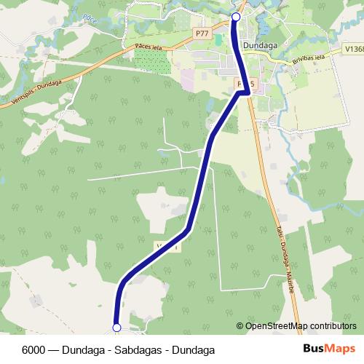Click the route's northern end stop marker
coord(235,16)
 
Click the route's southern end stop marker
coord(116,328)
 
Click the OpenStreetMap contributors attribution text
coord(301,325)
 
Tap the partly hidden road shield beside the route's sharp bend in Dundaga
coord(241,84)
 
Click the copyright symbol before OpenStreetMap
coord(240,325)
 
